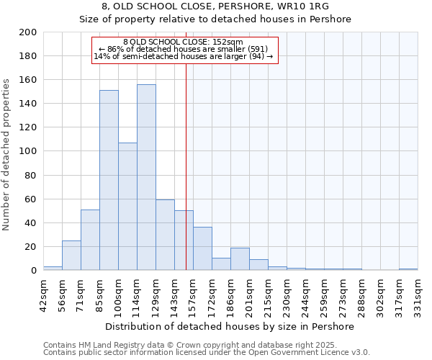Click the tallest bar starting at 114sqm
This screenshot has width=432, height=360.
tap(146, 177)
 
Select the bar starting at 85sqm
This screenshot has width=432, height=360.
tap(109, 180)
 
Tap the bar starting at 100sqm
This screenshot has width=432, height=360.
tap(127, 206)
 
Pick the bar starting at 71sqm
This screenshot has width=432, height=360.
tap(90, 240)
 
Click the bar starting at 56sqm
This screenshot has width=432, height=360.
tap(71, 255)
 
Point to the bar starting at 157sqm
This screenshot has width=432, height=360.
tap(202, 248)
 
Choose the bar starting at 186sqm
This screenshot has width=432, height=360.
tap(240, 258)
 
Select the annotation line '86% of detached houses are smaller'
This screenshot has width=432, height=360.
tap(184, 50)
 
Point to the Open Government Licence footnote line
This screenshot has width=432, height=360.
tap(206, 353)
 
